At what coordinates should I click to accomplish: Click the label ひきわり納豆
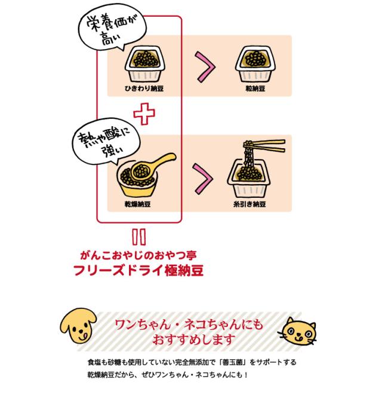pyautogui.click(x=144, y=88)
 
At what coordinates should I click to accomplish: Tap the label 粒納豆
pyautogui.click(x=255, y=88)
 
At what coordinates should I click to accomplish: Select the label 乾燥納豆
pyautogui.click(x=137, y=204)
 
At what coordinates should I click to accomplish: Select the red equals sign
pyautogui.click(x=138, y=237)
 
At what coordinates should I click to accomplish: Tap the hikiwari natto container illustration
pyautogui.click(x=144, y=64)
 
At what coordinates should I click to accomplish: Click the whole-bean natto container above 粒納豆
pyautogui.click(x=255, y=64)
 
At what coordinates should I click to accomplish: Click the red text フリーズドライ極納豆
pyautogui.click(x=138, y=270)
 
